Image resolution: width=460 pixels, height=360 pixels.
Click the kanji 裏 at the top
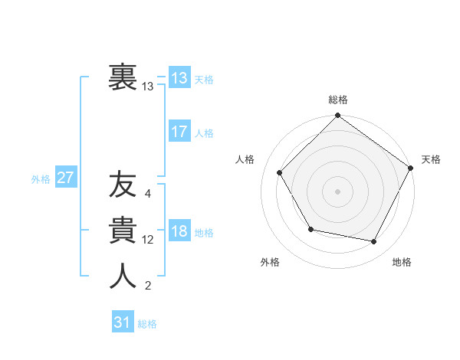(x=123, y=77)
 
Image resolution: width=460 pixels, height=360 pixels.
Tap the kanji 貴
(x=123, y=231)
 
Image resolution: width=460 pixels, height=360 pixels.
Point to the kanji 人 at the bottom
(x=123, y=277)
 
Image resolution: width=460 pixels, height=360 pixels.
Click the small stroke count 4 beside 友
(x=148, y=194)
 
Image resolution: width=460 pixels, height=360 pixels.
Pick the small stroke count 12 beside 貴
(x=148, y=240)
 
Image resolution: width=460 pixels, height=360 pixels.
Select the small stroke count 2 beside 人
(x=148, y=286)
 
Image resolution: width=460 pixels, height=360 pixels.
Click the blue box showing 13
(x=179, y=77)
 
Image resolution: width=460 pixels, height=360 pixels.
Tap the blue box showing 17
(x=179, y=132)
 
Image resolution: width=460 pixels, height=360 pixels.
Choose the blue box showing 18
(x=179, y=231)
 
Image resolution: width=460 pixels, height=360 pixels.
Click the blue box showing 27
(x=66, y=178)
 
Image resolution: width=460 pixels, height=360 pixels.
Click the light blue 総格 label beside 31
(x=147, y=323)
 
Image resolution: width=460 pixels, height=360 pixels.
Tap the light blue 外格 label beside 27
(x=41, y=178)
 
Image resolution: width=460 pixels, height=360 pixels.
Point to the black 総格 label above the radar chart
(x=337, y=100)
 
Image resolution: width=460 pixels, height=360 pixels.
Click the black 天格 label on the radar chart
(x=432, y=159)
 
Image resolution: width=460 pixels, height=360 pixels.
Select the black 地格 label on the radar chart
(x=402, y=262)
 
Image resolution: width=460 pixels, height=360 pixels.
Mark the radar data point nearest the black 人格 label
(x=280, y=172)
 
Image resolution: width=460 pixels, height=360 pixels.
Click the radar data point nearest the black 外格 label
(x=310, y=229)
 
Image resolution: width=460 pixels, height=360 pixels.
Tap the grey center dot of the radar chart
(x=337, y=191)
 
